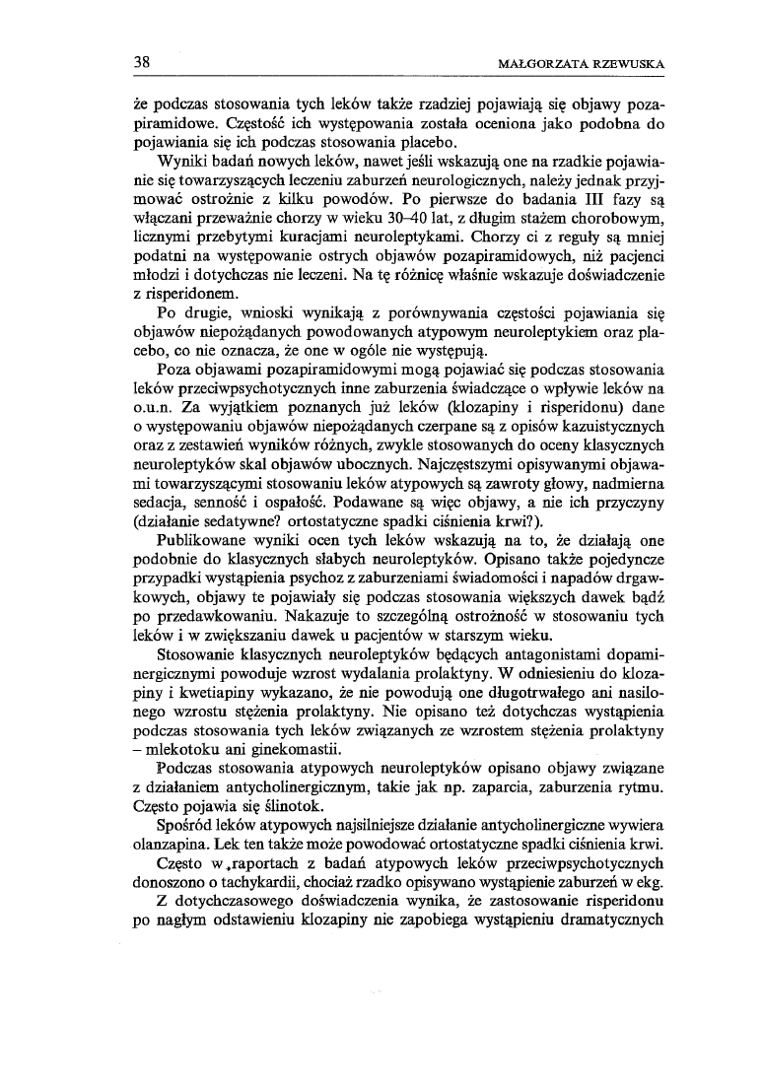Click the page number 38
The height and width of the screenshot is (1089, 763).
[143, 64]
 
